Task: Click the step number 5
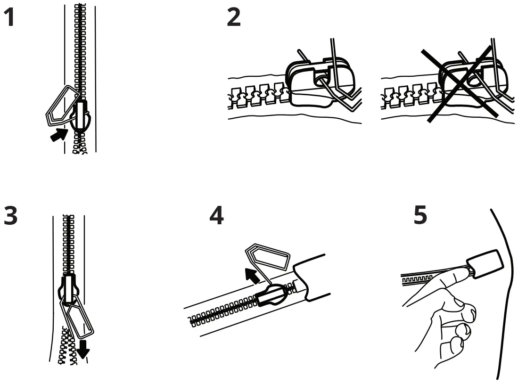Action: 420,215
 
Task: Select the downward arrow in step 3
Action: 84,349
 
